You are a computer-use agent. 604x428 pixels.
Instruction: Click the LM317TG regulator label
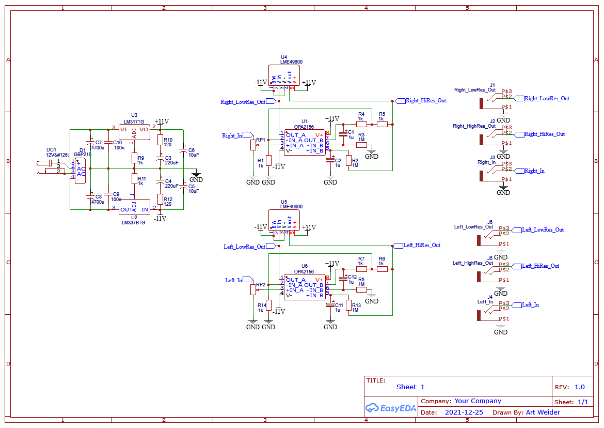point(134,121)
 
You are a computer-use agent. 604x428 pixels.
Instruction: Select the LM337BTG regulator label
point(134,223)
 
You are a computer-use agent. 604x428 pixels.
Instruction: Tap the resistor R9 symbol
point(134,158)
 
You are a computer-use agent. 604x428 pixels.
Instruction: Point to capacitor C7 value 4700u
point(98,148)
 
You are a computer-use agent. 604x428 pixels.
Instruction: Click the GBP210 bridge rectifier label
point(82,154)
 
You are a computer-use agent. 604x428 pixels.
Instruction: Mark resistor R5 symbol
point(382,124)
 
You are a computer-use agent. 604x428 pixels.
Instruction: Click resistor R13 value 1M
point(356,310)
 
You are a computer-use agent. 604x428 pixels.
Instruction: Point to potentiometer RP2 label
point(261,285)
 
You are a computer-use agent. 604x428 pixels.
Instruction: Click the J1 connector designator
point(492,85)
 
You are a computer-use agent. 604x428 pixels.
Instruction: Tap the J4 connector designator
point(490,297)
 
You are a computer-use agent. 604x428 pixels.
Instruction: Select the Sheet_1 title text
point(410,387)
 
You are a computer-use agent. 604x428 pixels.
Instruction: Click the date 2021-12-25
point(464,412)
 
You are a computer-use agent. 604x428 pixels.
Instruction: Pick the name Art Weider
point(543,412)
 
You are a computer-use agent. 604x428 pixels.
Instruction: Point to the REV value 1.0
point(579,387)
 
